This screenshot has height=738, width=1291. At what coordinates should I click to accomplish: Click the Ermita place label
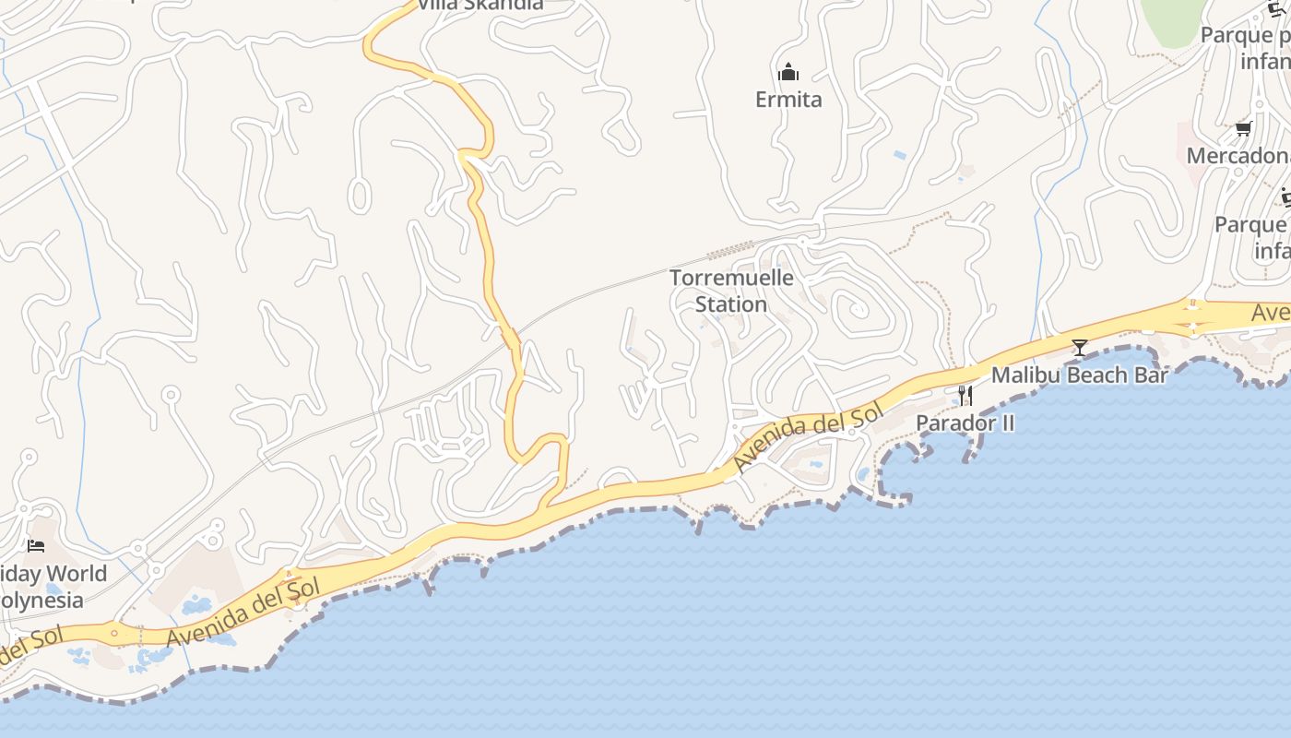click(x=788, y=100)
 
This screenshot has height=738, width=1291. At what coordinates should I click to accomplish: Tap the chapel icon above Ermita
click(x=788, y=72)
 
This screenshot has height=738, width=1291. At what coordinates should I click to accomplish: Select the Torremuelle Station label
click(x=731, y=291)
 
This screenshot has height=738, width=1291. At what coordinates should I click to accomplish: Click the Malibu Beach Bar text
click(x=1079, y=375)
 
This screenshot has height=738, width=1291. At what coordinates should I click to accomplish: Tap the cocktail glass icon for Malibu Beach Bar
click(x=1079, y=348)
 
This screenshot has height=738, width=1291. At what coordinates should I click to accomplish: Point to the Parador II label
click(x=965, y=423)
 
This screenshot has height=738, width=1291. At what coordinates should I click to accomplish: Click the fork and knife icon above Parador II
click(x=965, y=396)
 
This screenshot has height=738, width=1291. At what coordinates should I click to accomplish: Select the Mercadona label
click(x=1237, y=155)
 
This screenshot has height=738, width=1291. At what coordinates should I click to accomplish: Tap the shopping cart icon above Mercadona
click(x=1243, y=128)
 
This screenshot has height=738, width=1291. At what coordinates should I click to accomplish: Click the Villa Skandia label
click(x=480, y=5)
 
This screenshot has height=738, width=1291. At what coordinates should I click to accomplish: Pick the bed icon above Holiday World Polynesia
click(x=36, y=546)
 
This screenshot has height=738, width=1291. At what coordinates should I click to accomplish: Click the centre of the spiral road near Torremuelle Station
click(x=859, y=310)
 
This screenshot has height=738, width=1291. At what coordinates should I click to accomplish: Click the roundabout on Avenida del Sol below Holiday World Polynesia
click(x=114, y=633)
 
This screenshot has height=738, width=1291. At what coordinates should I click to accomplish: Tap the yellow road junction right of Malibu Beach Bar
click(x=1192, y=316)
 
